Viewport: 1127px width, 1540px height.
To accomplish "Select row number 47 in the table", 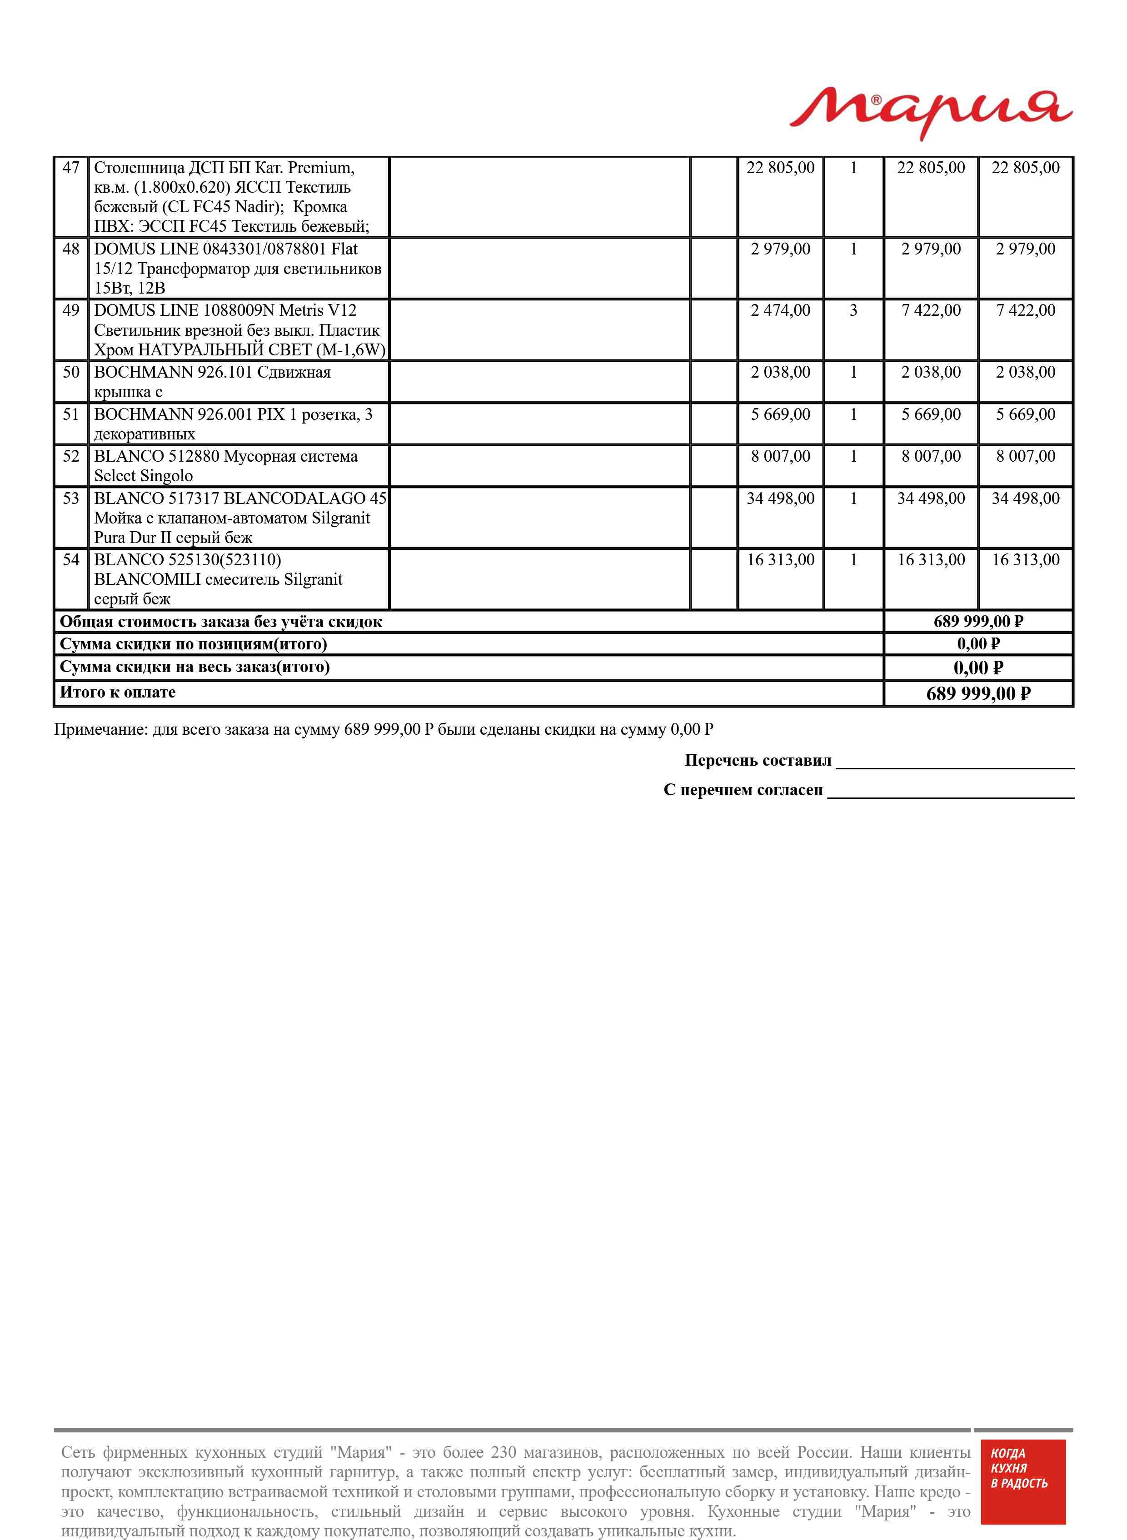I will point(71,168).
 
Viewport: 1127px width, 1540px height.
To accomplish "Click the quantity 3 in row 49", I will point(853,311).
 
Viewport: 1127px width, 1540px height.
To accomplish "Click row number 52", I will point(71,456).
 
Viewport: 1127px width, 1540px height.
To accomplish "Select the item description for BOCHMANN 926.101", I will point(212,382).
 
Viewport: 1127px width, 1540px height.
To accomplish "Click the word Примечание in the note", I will point(100,730).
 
